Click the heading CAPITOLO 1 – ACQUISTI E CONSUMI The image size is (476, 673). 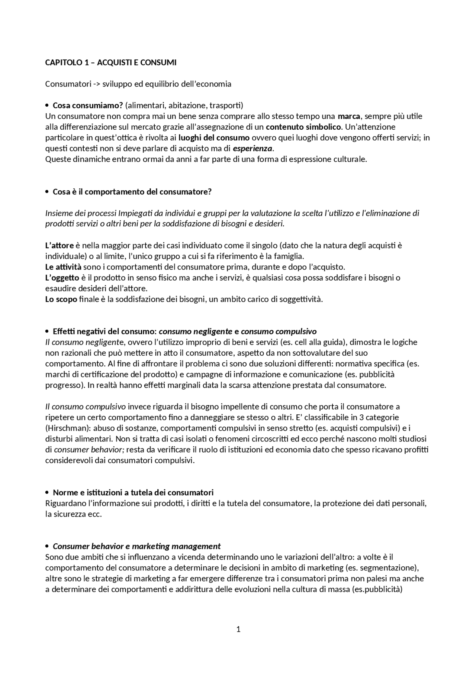pyautogui.click(x=111, y=62)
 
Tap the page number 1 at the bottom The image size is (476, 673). pyautogui.click(x=238, y=629)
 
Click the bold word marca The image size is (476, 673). pyautogui.click(x=349, y=116)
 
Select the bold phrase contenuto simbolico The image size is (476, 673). pyautogui.click(x=303, y=127)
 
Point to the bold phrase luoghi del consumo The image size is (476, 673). pyautogui.click(x=214, y=138)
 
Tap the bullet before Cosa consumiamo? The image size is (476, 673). pyautogui.click(x=47, y=106)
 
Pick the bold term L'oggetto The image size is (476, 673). pyautogui.click(x=62, y=278)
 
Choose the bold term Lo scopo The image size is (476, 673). pyautogui.click(x=61, y=299)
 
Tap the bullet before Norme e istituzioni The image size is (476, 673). pyautogui.click(x=47, y=493)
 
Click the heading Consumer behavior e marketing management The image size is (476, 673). pyautogui.click(x=136, y=546)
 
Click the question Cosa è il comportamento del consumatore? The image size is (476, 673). pyautogui.click(x=132, y=192)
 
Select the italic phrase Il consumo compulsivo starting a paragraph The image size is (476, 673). pyautogui.click(x=85, y=407)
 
